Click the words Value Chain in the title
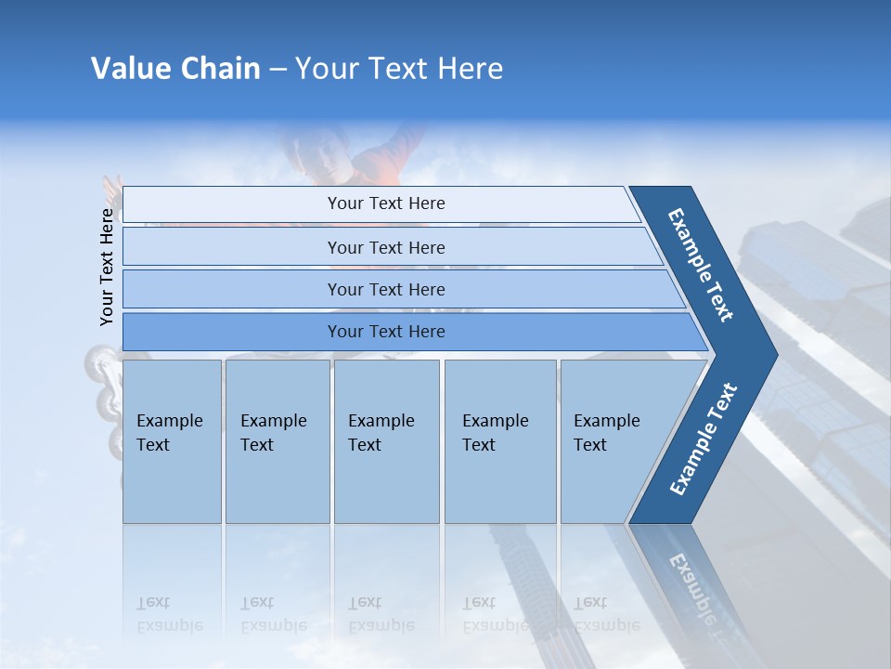[175, 69]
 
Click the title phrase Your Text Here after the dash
[399, 69]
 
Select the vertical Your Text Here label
[107, 267]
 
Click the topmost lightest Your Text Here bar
[386, 203]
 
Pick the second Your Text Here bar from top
[386, 247]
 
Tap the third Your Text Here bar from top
[386, 289]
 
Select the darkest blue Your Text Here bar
[386, 332]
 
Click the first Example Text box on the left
[172, 440]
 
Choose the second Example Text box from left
[277, 440]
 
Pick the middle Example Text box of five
[386, 440]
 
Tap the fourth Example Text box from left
[500, 440]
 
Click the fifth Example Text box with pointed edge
[613, 440]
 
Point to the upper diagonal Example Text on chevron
[701, 265]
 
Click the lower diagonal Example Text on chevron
[704, 439]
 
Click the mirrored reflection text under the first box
[169, 614]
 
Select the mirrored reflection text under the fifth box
[605, 614]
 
